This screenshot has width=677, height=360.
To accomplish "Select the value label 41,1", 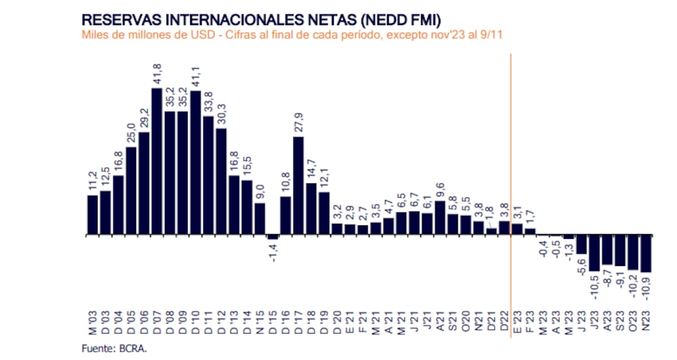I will point(196,76).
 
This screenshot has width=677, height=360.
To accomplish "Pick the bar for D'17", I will point(299,185).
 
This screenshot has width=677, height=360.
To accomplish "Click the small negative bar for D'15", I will point(273,237).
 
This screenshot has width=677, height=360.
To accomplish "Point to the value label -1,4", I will point(274,253).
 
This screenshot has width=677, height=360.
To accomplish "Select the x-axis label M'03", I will point(93,324).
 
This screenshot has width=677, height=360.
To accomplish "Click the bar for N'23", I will point(646,253).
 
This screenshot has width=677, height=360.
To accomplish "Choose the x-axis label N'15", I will point(260,324).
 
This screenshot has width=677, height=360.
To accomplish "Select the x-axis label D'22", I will point(504,324).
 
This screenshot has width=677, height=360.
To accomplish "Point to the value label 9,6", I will point(440,187).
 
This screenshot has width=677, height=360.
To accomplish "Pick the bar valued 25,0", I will point(131,191).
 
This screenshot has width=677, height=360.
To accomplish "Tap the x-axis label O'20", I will point(466,324).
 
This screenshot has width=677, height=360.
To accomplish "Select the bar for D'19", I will point(324,213).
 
